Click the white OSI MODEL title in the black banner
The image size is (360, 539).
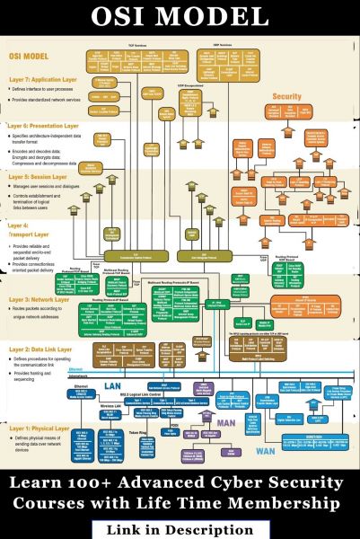180,17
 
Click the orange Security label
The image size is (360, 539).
286,95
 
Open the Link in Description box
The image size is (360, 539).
180,529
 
